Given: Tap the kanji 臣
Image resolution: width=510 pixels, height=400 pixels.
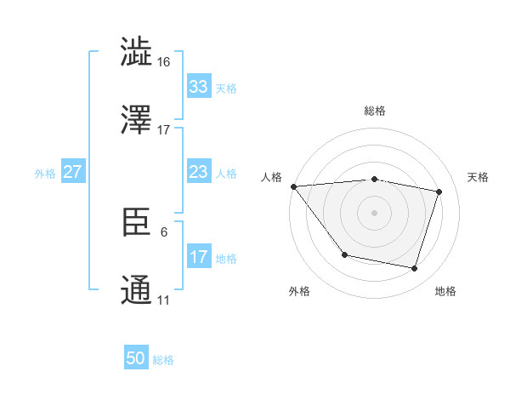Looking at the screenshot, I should (x=137, y=223).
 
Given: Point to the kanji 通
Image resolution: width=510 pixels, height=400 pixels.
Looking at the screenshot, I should (x=137, y=289).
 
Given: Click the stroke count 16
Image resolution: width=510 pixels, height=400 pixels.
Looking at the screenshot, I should (x=164, y=63).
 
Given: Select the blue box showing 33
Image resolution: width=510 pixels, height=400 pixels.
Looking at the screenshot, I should (x=199, y=86).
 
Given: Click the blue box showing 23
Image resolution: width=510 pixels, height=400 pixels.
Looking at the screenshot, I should (x=199, y=172).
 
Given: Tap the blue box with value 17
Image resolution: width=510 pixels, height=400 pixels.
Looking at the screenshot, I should (x=199, y=257).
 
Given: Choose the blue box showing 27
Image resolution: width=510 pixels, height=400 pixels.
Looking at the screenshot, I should (x=73, y=172).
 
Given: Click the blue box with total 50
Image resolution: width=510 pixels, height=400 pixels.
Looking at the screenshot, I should (x=136, y=358).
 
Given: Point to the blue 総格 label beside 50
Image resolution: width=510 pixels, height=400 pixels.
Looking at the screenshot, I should (x=163, y=360).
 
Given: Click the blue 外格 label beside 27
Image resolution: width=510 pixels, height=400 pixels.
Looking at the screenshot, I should (x=45, y=173).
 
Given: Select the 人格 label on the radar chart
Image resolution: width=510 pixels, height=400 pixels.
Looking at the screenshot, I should (x=271, y=177).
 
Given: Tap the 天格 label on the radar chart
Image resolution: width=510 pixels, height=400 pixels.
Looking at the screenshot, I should (x=479, y=177).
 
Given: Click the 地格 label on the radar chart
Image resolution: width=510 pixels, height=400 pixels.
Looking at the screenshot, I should (x=445, y=291).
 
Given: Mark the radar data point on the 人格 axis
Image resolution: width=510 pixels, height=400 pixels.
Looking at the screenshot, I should (x=293, y=186).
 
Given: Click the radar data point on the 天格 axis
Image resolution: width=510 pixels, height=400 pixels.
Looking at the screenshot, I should (x=439, y=192).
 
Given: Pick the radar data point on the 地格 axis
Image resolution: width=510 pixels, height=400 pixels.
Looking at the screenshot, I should (x=415, y=269).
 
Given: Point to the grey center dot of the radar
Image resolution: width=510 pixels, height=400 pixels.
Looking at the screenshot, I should (x=375, y=213).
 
